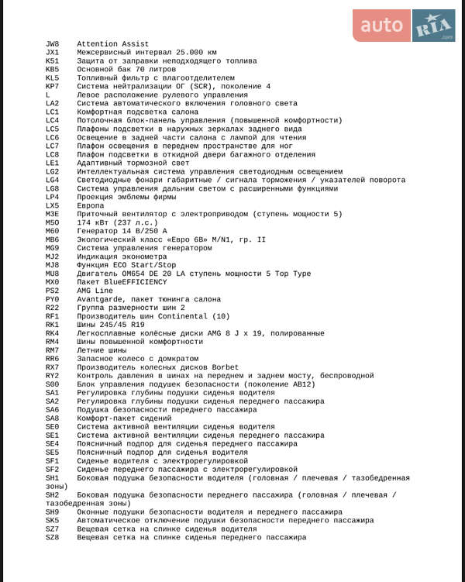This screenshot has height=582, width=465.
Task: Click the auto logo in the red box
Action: click(382, 26)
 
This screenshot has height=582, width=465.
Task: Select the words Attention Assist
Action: click(113, 44)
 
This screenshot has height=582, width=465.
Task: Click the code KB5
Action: click(52, 70)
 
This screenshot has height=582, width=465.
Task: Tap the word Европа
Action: click(91, 205)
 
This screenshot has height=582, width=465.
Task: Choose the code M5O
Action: click(52, 222)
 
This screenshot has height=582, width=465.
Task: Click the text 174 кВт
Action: click(95, 222)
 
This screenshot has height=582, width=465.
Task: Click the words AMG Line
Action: click(95, 291)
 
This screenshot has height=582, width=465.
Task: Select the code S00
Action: click(52, 384)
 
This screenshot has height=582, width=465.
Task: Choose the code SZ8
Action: click(52, 537)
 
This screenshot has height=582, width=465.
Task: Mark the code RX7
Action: click(52, 367)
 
